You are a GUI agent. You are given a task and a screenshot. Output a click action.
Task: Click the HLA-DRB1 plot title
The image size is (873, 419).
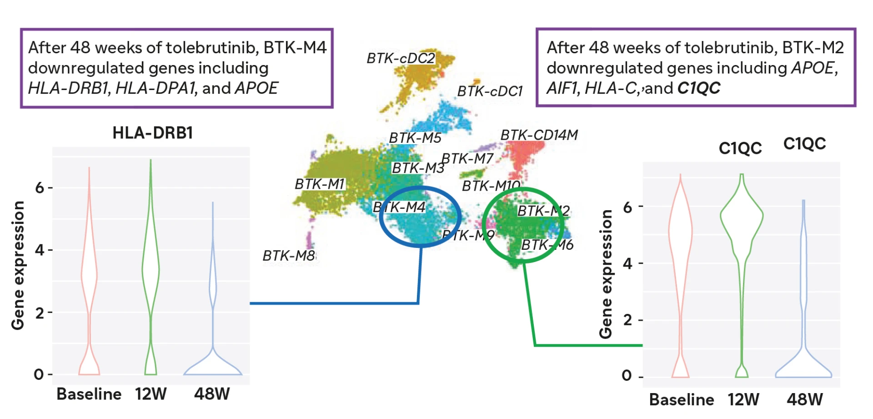pyautogui.click(x=153, y=133)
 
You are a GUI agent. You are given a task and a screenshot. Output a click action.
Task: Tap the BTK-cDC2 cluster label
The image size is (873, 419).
pyautogui.click(x=401, y=58)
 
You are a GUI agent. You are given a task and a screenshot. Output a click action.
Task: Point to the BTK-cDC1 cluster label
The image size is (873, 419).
pyautogui.click(x=490, y=91)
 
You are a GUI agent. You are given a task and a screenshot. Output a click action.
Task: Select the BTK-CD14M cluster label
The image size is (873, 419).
pyautogui.click(x=539, y=135)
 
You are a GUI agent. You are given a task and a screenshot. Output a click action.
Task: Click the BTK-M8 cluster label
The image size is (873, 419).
pyautogui.click(x=289, y=256)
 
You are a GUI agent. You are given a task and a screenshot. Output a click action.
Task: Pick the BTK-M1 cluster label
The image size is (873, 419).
pyautogui.click(x=320, y=184)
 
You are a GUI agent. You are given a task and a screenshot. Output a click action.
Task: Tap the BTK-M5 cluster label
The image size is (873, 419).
pyautogui.click(x=415, y=138)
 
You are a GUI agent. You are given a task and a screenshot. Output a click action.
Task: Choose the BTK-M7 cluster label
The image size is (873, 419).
pyautogui.click(x=467, y=159)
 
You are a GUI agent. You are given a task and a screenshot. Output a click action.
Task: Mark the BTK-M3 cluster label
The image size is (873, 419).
pyautogui.click(x=418, y=168)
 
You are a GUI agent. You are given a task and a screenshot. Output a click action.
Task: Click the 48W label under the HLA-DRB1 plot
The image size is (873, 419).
pyautogui.click(x=212, y=394)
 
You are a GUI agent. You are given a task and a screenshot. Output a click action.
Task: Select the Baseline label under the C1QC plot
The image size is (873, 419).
pyautogui.click(x=682, y=399)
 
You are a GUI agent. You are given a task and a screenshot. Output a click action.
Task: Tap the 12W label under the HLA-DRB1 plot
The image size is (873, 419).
pyautogui.click(x=151, y=394)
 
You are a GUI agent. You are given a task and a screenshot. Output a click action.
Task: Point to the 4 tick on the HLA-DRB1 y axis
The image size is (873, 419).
pyautogui.click(x=40, y=250)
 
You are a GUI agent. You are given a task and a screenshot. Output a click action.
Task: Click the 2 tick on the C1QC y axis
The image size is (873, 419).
pyautogui.click(x=627, y=320)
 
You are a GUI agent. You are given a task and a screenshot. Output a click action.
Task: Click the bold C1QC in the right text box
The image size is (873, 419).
pyautogui.click(x=699, y=88)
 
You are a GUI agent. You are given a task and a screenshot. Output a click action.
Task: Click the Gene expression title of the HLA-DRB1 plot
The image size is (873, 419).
pyautogui.click(x=18, y=265)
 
